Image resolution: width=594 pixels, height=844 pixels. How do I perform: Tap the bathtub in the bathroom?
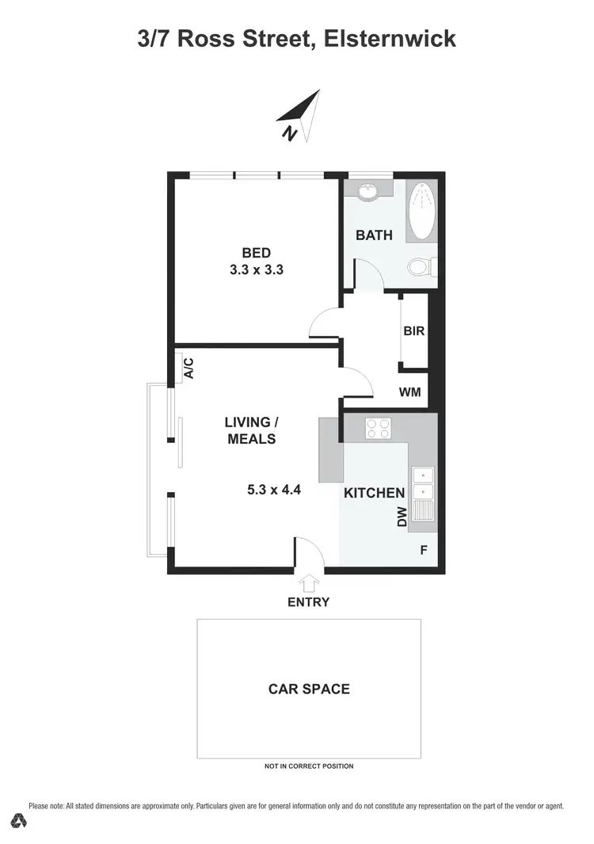pyautogui.click(x=421, y=211)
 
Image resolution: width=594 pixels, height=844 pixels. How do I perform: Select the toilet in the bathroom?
pyautogui.click(x=420, y=267)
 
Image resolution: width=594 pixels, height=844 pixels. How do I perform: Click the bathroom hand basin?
pyautogui.click(x=368, y=192)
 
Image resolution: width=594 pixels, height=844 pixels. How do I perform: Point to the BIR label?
pyautogui.click(x=414, y=331)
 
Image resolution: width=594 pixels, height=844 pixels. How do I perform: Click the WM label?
pyautogui.click(x=410, y=391)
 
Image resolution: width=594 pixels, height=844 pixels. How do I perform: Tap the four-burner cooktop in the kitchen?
pyautogui.click(x=378, y=428)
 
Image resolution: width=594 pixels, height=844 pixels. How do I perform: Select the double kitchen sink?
pyautogui.click(x=423, y=483)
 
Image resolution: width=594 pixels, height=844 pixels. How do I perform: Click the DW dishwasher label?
pyautogui.click(x=402, y=517)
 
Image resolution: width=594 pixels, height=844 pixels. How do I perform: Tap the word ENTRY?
pyautogui.click(x=308, y=601)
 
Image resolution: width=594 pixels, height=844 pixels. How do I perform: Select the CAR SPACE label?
pyautogui.click(x=309, y=689)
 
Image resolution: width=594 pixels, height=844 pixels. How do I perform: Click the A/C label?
pyautogui.click(x=188, y=368)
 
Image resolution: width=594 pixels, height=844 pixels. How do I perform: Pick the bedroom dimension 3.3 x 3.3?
pyautogui.click(x=257, y=269)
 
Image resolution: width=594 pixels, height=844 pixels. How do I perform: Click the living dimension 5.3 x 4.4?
pyautogui.click(x=274, y=490)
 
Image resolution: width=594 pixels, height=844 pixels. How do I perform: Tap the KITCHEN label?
pyautogui.click(x=374, y=493)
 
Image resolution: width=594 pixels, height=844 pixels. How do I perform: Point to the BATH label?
pyautogui.click(x=374, y=235)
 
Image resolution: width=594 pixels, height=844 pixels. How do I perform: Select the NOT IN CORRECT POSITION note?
pyautogui.click(x=309, y=766)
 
